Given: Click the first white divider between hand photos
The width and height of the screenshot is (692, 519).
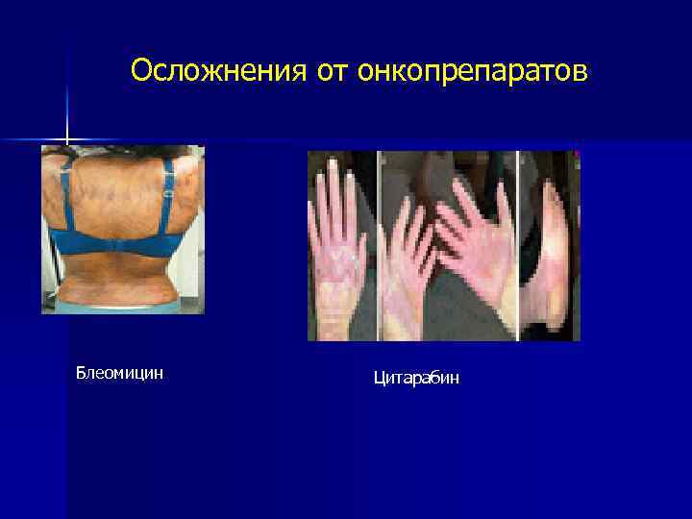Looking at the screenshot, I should click(379, 245).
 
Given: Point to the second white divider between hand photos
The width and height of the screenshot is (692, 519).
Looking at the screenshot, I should click(517, 245).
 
